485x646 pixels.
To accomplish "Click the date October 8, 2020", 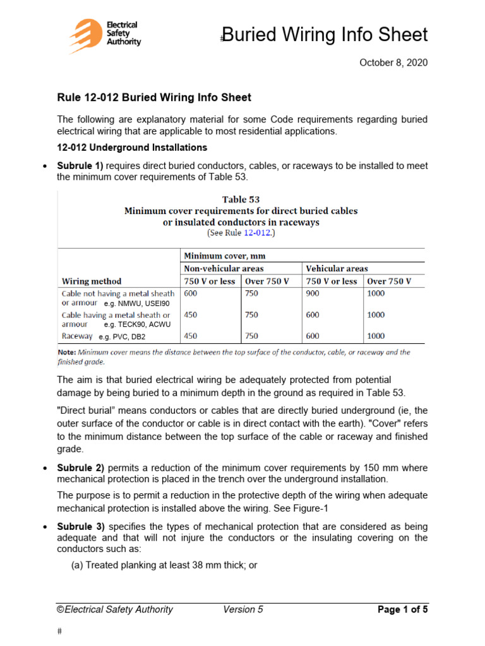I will [x=393, y=62].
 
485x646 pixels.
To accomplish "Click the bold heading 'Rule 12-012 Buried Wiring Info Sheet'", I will [x=154, y=97].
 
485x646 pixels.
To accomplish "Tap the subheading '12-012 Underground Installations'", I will [x=132, y=148].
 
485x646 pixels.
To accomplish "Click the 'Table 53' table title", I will [x=241, y=199].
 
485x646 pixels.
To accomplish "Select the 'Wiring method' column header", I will [x=92, y=281].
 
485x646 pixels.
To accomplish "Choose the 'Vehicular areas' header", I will [x=337, y=268].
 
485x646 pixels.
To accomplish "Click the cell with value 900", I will [x=314, y=293].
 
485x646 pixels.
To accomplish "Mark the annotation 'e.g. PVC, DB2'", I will [x=121, y=337].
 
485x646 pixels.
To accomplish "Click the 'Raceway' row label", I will [x=76, y=336].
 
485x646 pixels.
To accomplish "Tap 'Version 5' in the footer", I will [x=243, y=609].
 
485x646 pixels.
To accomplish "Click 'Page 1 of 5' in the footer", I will [x=402, y=609].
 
